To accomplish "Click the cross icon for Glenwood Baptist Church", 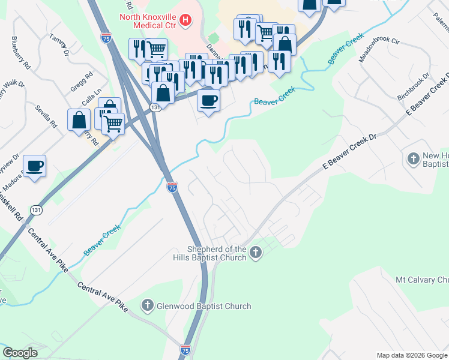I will click(x=147, y=306).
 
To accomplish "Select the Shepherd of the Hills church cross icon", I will click(x=256, y=253).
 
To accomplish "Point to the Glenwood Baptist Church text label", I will click(x=204, y=306).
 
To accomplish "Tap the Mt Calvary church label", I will click(x=422, y=280).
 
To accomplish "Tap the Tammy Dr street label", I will click(x=58, y=44).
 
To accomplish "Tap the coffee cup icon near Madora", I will click(x=35, y=164).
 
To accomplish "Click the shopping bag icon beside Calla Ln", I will click(x=79, y=119).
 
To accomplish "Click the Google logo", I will click(x=20, y=353).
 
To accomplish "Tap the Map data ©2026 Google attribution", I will click(x=411, y=355).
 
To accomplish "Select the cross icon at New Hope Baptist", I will click(x=413, y=159).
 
